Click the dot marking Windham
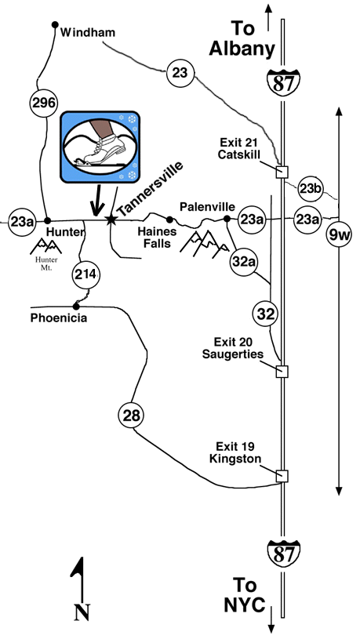click(x=55, y=25)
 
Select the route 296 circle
click(x=44, y=103)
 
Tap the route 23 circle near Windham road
click(x=180, y=73)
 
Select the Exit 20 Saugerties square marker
click(x=282, y=372)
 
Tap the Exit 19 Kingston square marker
click(x=282, y=476)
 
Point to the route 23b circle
click(x=311, y=189)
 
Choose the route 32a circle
click(x=244, y=261)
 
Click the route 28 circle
click(x=132, y=416)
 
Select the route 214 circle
click(x=85, y=275)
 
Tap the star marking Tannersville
click(x=111, y=220)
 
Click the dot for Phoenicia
click(x=76, y=307)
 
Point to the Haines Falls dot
click(x=169, y=220)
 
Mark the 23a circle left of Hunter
click(x=22, y=222)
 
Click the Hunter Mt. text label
click(x=46, y=263)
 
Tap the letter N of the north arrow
click(x=82, y=612)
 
